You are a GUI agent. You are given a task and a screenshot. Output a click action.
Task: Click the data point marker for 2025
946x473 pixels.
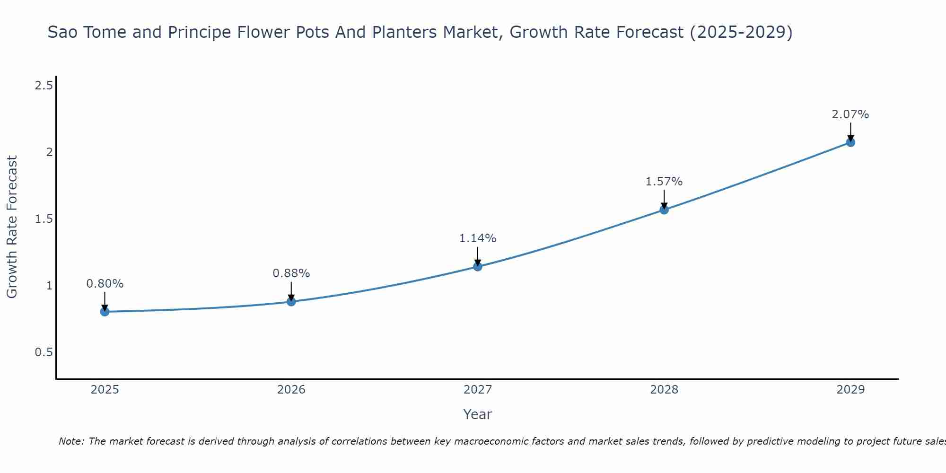coord(105,312)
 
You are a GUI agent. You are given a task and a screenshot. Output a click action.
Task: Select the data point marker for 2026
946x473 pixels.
coord(291,301)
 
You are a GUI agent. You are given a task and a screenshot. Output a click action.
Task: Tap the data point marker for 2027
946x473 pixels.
coord(478,267)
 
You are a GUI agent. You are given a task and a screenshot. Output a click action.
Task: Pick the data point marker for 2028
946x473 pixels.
coord(664,210)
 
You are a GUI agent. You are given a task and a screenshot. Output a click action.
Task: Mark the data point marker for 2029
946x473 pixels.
coord(850,142)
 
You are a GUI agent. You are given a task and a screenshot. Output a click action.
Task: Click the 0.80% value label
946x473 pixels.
coord(105,284)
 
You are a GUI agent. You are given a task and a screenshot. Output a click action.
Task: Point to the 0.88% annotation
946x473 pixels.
coord(291,273)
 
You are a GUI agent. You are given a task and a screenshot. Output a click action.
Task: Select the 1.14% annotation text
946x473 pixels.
coord(478,238)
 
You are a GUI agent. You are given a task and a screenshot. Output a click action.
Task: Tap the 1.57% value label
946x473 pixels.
coord(664,182)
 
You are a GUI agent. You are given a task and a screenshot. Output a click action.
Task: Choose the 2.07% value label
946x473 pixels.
coord(850,114)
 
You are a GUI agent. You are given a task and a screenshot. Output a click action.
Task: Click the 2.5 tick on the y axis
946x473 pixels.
coord(44,86)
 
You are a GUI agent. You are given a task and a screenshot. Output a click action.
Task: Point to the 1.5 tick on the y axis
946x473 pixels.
coord(44,219)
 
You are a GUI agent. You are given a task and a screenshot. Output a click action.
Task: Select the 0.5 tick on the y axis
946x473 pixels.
coord(44,352)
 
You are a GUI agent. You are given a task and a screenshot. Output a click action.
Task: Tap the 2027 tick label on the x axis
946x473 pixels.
coord(478,390)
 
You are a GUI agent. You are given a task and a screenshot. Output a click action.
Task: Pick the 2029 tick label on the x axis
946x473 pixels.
coord(850,390)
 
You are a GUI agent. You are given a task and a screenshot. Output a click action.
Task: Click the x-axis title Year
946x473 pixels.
coord(478,414)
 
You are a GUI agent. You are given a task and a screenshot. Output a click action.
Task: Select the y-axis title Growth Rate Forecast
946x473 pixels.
coord(12,227)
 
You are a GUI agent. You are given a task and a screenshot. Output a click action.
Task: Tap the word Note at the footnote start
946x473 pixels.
coord(71,441)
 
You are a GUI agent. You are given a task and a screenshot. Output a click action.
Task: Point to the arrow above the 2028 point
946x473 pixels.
coord(664,199)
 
